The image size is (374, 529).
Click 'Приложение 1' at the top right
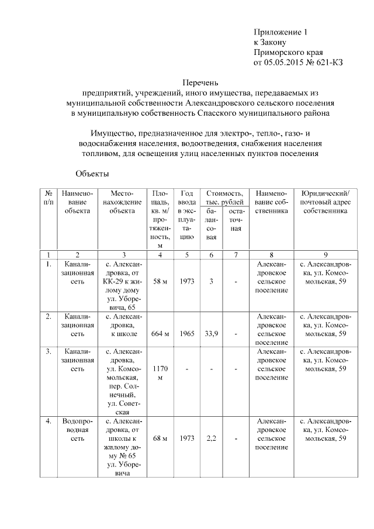(x=280, y=32)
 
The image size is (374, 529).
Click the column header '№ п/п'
(x=49, y=197)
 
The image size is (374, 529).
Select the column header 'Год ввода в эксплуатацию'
(x=186, y=215)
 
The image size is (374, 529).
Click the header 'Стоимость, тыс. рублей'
(x=223, y=197)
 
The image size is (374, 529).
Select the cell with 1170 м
(x=160, y=374)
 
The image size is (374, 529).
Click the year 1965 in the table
(x=186, y=333)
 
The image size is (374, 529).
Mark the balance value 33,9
(x=212, y=333)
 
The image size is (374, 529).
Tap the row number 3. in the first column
(x=49, y=351)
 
